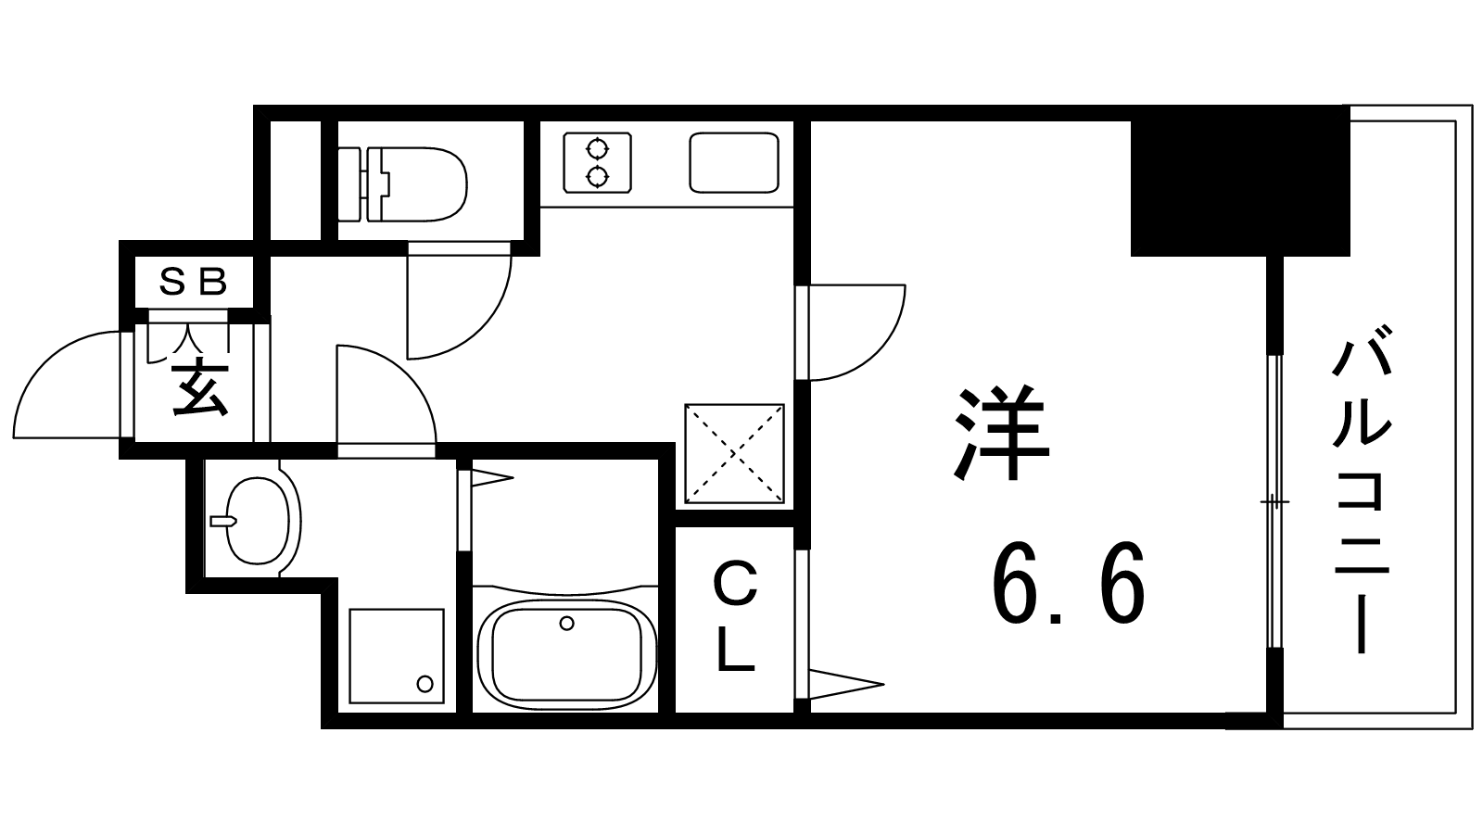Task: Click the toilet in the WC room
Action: point(402,184)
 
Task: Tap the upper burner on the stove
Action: point(597,149)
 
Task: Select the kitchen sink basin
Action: point(733,163)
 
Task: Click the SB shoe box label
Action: point(194,283)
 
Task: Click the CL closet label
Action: point(735,615)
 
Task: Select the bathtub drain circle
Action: point(566,623)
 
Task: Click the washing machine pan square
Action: point(397,656)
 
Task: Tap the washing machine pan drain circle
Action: point(425,683)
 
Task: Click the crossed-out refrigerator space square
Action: point(734,453)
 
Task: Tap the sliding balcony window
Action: point(1274,501)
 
